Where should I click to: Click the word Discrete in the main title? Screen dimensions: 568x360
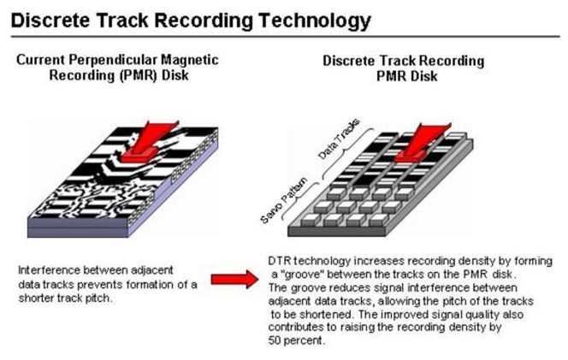(x=51, y=20)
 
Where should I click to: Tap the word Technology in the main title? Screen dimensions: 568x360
(x=315, y=21)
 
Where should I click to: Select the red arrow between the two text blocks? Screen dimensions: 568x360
(x=234, y=280)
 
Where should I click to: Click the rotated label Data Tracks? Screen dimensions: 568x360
(x=339, y=139)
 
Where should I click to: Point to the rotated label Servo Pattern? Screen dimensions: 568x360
(x=284, y=200)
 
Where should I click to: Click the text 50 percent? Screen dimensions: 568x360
(x=297, y=340)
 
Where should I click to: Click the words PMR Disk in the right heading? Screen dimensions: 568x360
(x=406, y=76)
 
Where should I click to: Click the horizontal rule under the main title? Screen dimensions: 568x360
(x=286, y=37)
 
